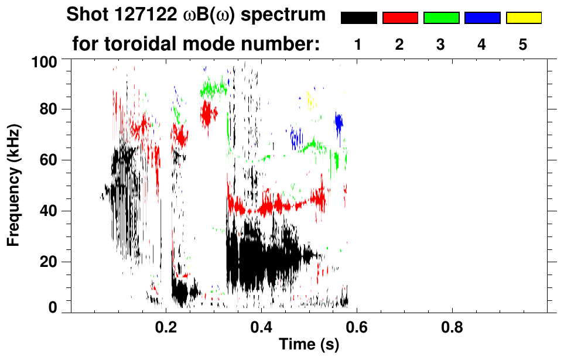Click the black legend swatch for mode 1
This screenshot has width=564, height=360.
(x=358, y=18)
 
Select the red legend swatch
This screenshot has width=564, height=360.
(x=400, y=18)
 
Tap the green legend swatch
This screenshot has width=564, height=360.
(x=441, y=18)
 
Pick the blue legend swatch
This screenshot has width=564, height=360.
(x=482, y=18)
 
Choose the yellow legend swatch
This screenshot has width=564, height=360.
(x=524, y=18)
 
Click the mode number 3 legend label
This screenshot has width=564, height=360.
(x=441, y=44)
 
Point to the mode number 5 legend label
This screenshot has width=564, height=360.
(x=523, y=44)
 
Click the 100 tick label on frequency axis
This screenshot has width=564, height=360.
(x=44, y=61)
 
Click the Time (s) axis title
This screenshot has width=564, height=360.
(x=308, y=345)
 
